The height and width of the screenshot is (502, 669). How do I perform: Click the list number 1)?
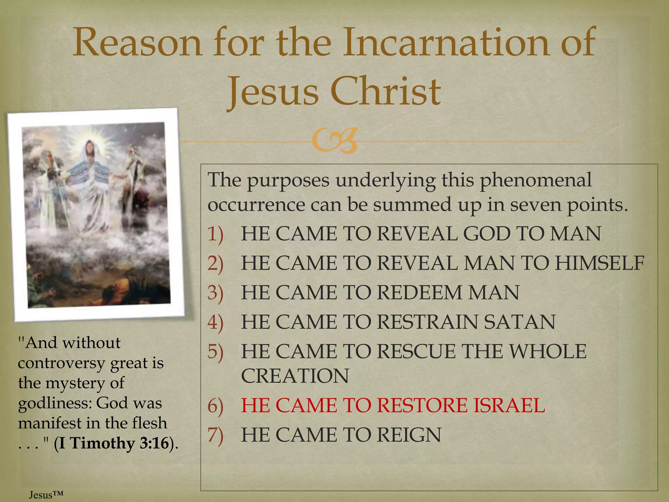pyautogui.click(x=215, y=234)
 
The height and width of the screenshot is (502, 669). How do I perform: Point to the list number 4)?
pyautogui.click(x=215, y=322)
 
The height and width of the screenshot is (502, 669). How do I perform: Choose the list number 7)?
pyautogui.click(x=215, y=435)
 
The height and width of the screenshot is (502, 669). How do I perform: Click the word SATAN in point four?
pyautogui.click(x=519, y=322)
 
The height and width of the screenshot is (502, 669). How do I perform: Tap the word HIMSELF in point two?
pyautogui.click(x=599, y=263)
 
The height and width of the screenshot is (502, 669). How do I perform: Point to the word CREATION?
pyautogui.click(x=295, y=376)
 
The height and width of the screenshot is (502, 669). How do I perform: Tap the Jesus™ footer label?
pyautogui.click(x=46, y=495)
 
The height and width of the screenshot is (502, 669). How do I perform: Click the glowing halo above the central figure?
pyautogui.click(x=90, y=139)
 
